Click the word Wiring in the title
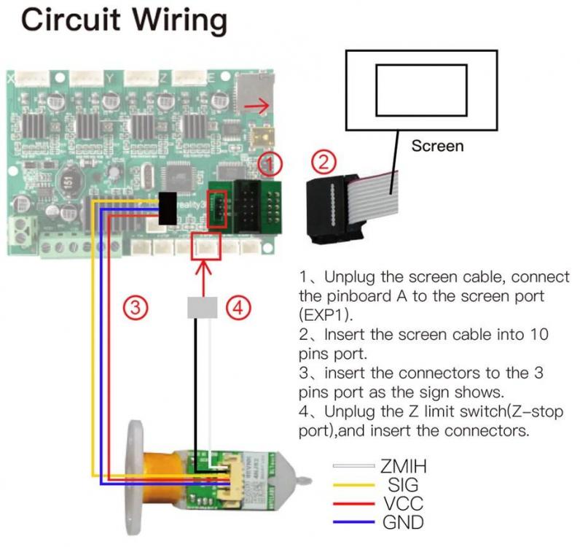coord(175,20)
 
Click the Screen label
coord(437,145)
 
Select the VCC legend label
coord(401,503)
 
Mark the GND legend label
coord(403,521)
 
